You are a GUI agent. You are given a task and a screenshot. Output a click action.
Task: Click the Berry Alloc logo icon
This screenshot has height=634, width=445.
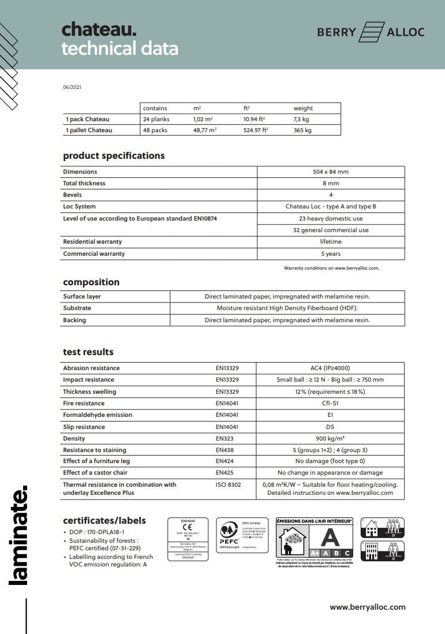[372, 32]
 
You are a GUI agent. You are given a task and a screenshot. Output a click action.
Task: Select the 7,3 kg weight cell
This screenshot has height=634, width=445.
[302, 119]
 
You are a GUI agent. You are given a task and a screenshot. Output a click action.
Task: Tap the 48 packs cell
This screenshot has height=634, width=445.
[155, 130]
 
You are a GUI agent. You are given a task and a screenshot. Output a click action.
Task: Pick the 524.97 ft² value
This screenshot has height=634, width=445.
[256, 130]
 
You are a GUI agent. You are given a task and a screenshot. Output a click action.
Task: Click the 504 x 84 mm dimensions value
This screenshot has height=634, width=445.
[331, 172]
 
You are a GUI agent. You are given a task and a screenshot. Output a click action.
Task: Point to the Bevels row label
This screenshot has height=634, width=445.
[72, 195]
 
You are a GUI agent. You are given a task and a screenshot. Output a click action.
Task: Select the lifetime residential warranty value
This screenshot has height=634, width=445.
[331, 242]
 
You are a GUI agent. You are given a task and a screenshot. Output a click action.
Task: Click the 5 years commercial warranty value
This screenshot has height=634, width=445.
[331, 254]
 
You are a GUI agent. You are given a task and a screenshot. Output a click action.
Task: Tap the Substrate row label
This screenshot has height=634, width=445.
[77, 308]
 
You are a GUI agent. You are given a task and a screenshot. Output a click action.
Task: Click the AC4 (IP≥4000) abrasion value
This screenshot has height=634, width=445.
[330, 368]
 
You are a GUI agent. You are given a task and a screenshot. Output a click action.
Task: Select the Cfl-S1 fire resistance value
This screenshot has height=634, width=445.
[330, 404]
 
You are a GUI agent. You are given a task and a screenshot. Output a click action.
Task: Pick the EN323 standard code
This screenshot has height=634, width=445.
[224, 438]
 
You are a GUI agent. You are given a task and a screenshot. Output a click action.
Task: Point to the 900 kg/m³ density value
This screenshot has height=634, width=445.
[330, 438]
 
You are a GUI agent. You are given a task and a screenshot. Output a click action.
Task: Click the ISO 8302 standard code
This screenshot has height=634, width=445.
[228, 485]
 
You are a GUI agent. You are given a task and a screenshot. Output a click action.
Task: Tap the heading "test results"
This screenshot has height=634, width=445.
[88, 352]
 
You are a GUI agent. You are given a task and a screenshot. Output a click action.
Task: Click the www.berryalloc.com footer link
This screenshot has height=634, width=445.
[367, 607]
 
